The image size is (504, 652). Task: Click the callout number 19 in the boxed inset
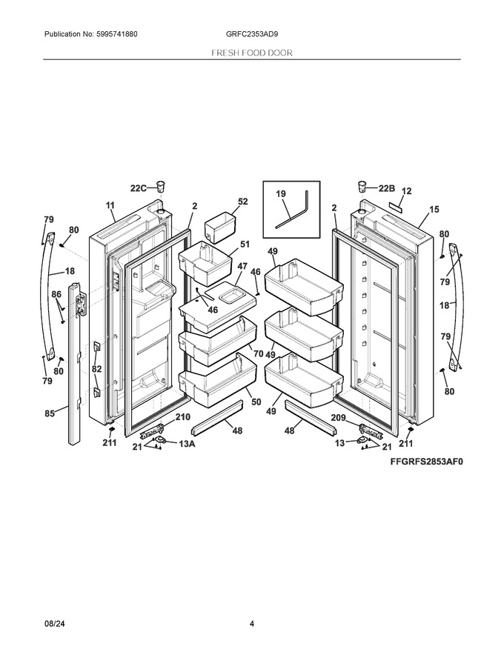pos(281,194)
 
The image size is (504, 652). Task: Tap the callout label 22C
pos(139,188)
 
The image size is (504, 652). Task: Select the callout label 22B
pos(386,188)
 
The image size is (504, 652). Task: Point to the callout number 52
pos(242,202)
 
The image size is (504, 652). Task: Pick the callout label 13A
pos(187,444)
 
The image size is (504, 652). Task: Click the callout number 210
pos(182,417)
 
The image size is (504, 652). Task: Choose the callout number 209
pos(338,417)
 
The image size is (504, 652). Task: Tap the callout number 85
pos(50,413)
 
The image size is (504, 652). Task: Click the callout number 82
pos(96,369)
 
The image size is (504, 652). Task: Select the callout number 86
pos(56,294)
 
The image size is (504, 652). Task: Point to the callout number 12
pos(407,191)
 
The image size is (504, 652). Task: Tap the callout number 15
pos(434,209)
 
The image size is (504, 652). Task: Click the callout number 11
pos(110,205)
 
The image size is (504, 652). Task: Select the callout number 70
pos(258,353)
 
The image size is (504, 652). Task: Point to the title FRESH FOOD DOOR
pos(252,53)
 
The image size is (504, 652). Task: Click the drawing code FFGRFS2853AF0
pos(426,462)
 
